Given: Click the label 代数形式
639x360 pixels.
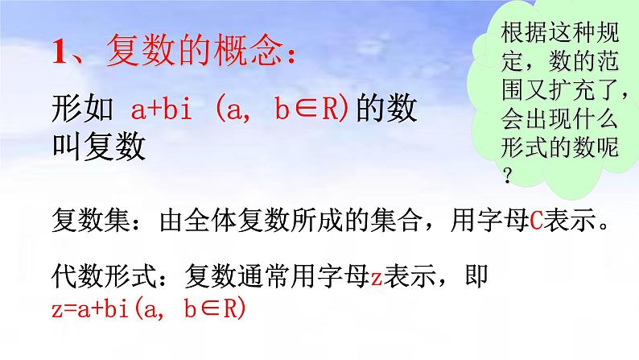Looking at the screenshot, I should pos(97,275).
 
